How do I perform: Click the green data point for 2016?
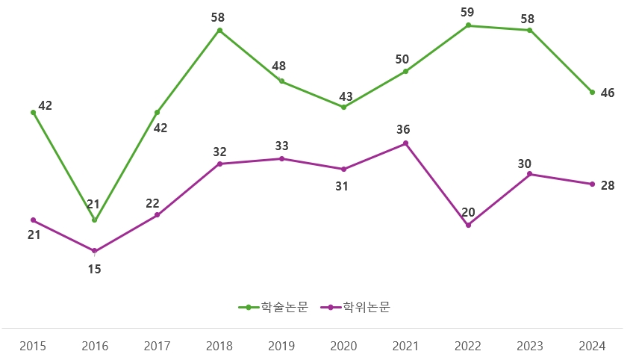[95, 220]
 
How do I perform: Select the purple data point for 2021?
[405, 143]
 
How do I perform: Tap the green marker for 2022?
[468, 25]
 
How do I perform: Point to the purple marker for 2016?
[95, 251]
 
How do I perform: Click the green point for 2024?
[592, 93]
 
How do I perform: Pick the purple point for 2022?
[468, 225]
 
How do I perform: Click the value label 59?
[468, 12]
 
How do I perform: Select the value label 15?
[95, 269]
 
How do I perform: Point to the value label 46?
[608, 93]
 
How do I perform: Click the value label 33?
[281, 146]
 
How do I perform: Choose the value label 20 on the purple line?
[468, 212]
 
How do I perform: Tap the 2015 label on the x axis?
[33, 346]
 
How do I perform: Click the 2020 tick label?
[343, 346]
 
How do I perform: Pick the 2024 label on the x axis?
[592, 346]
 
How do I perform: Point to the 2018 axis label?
[219, 346]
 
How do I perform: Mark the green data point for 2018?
[219, 31]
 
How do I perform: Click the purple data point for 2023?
[530, 174]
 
